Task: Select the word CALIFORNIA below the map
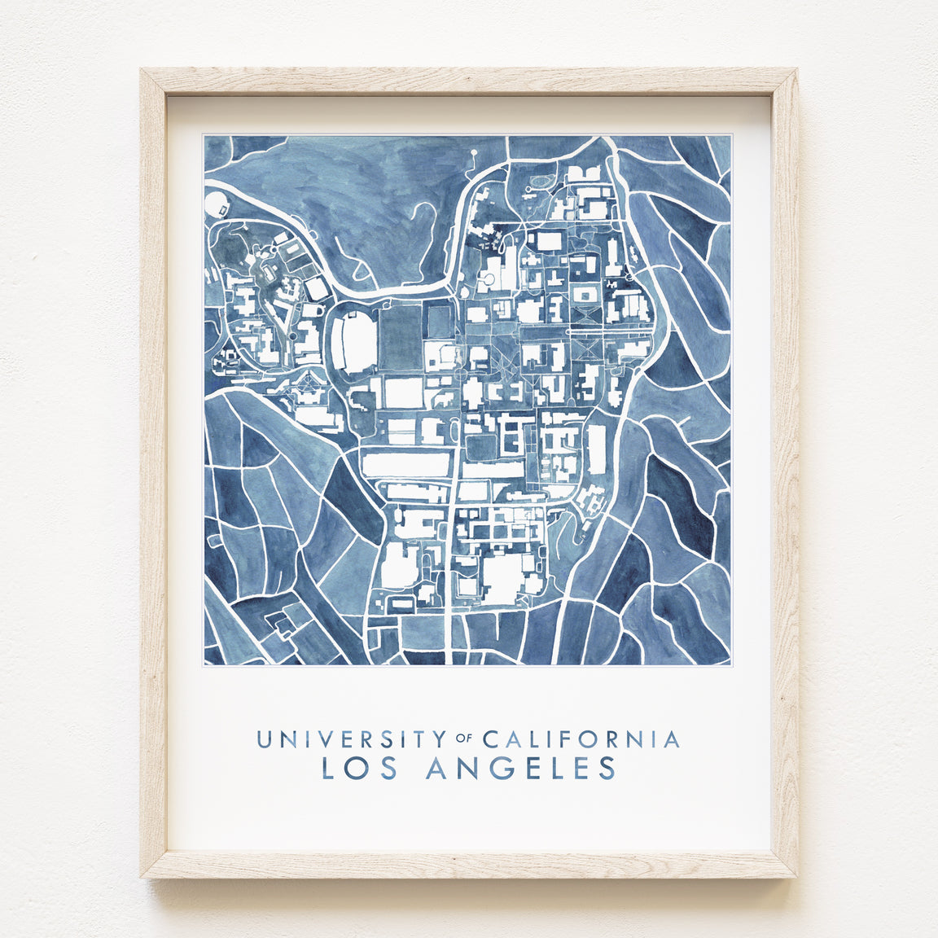pos(581,739)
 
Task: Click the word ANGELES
pos(520,768)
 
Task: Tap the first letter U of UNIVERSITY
pos(264,739)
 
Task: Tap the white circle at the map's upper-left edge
pos(216,203)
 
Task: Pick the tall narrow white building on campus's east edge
pos(597,449)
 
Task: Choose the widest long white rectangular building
pos(405,465)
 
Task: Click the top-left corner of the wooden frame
pos(142,71)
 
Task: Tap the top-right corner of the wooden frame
pos(796,71)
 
